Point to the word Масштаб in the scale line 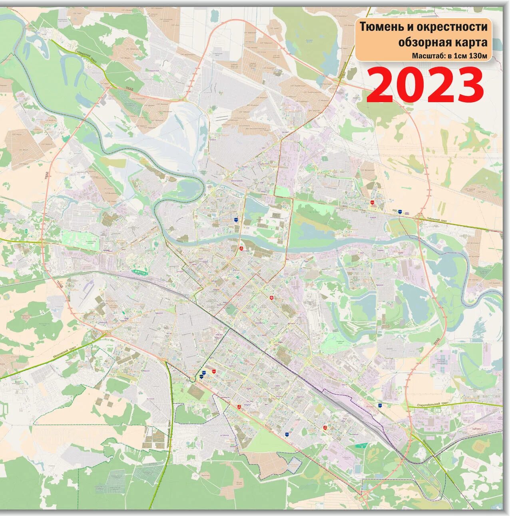(x=426, y=56)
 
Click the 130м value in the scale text (x=479, y=56)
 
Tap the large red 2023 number (x=425, y=85)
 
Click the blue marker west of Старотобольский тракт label (x=379, y=405)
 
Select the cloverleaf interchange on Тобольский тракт (x=419, y=217)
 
